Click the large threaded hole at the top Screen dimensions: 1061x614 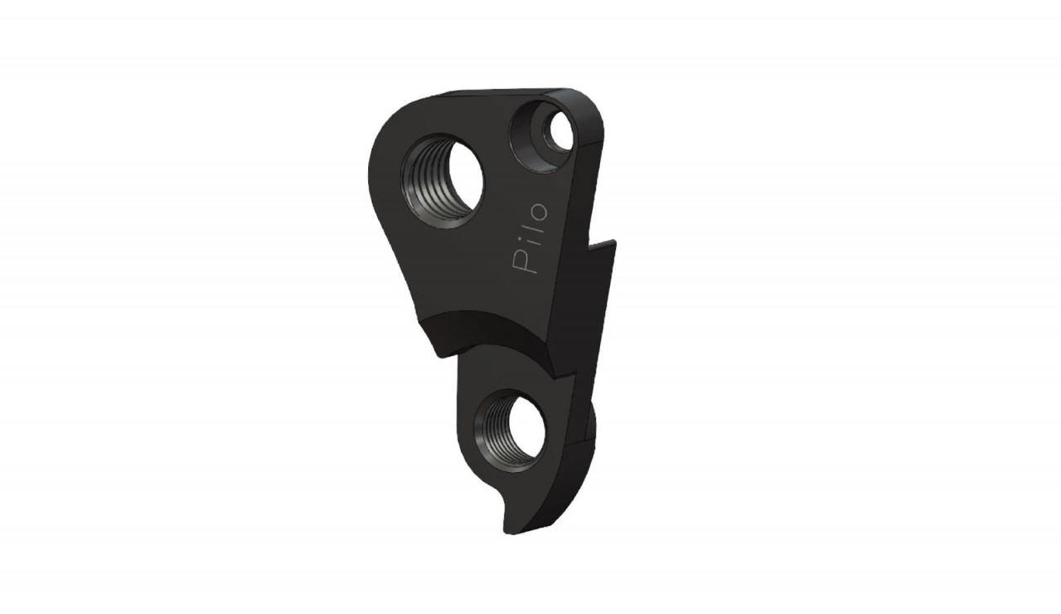[x=442, y=181]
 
